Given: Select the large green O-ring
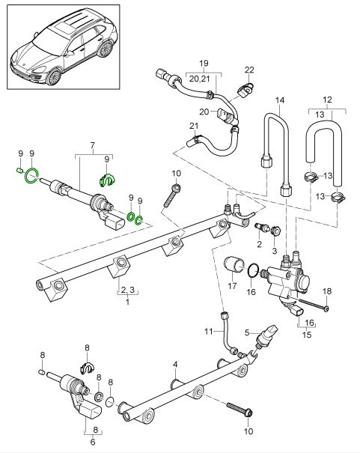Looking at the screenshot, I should [31, 177].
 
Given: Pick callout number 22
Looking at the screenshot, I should [248, 69].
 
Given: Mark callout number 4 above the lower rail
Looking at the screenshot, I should [174, 365].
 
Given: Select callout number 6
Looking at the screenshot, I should [93, 443].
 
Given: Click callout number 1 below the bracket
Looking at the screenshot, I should [127, 302].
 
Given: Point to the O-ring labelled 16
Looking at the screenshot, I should [254, 270].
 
